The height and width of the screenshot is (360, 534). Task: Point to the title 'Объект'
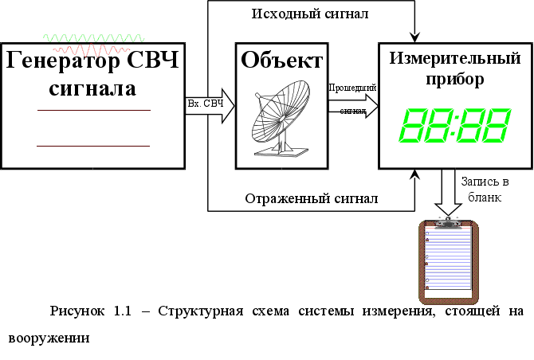[281, 61]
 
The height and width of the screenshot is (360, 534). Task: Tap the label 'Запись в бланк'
[485, 190]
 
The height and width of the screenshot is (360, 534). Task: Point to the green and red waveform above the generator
[93, 39]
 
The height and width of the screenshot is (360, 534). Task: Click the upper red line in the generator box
[93, 110]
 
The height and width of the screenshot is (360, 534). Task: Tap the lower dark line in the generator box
[93, 147]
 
